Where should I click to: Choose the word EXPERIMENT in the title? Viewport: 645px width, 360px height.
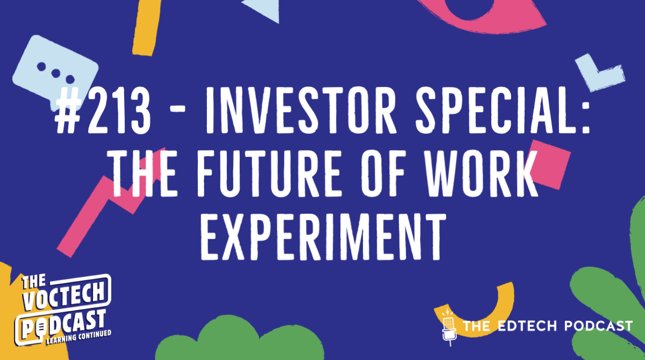(322, 236)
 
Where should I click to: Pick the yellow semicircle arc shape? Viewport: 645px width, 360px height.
(486, 312)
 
